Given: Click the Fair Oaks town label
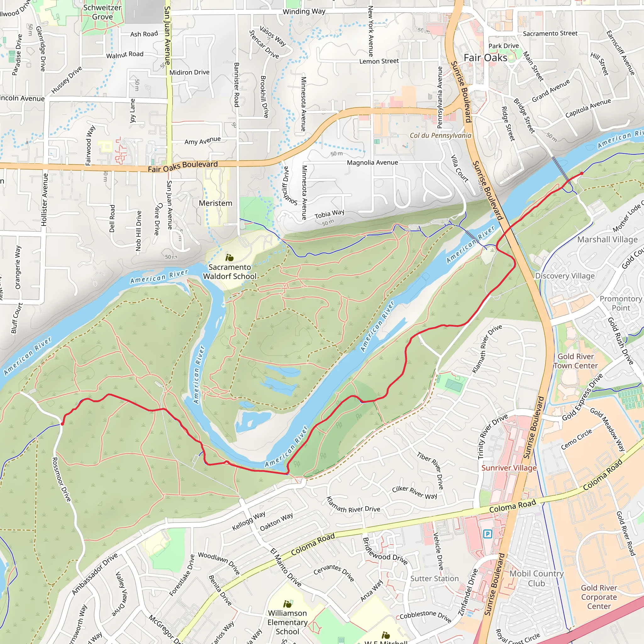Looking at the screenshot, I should (485, 58).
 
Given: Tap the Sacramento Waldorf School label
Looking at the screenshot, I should (230, 272).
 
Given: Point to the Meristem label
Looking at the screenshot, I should (215, 203).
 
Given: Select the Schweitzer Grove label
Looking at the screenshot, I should (102, 12).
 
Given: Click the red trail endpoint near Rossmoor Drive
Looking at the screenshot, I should (62, 424).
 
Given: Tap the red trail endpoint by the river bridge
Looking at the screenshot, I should (582, 173).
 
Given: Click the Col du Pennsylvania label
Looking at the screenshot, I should (440, 135).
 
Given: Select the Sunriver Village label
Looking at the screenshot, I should (509, 468).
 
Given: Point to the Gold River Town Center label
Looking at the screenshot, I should (576, 361).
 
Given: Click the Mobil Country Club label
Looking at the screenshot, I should (536, 578).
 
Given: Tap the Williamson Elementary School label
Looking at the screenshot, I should (287, 622).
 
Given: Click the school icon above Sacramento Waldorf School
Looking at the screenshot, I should (229, 258).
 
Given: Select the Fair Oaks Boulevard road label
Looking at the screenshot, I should (183, 166).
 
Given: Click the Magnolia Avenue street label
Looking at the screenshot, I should (372, 163).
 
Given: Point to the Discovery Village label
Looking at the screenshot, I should (565, 276).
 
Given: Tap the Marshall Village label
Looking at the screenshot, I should (607, 240).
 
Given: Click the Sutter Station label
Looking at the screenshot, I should (434, 579).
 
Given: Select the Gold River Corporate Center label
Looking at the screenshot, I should (599, 597).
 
